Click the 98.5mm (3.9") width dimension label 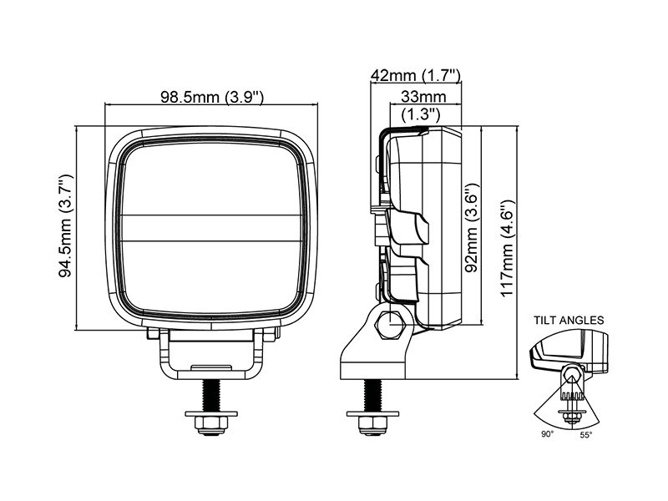(212, 97)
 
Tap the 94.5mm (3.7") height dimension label (66, 225)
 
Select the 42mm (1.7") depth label (416, 76)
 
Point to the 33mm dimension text (423, 97)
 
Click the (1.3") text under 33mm (421, 114)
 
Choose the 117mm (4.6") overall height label (508, 249)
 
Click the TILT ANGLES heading (569, 320)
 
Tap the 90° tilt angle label (548, 434)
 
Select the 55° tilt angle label (586, 434)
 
